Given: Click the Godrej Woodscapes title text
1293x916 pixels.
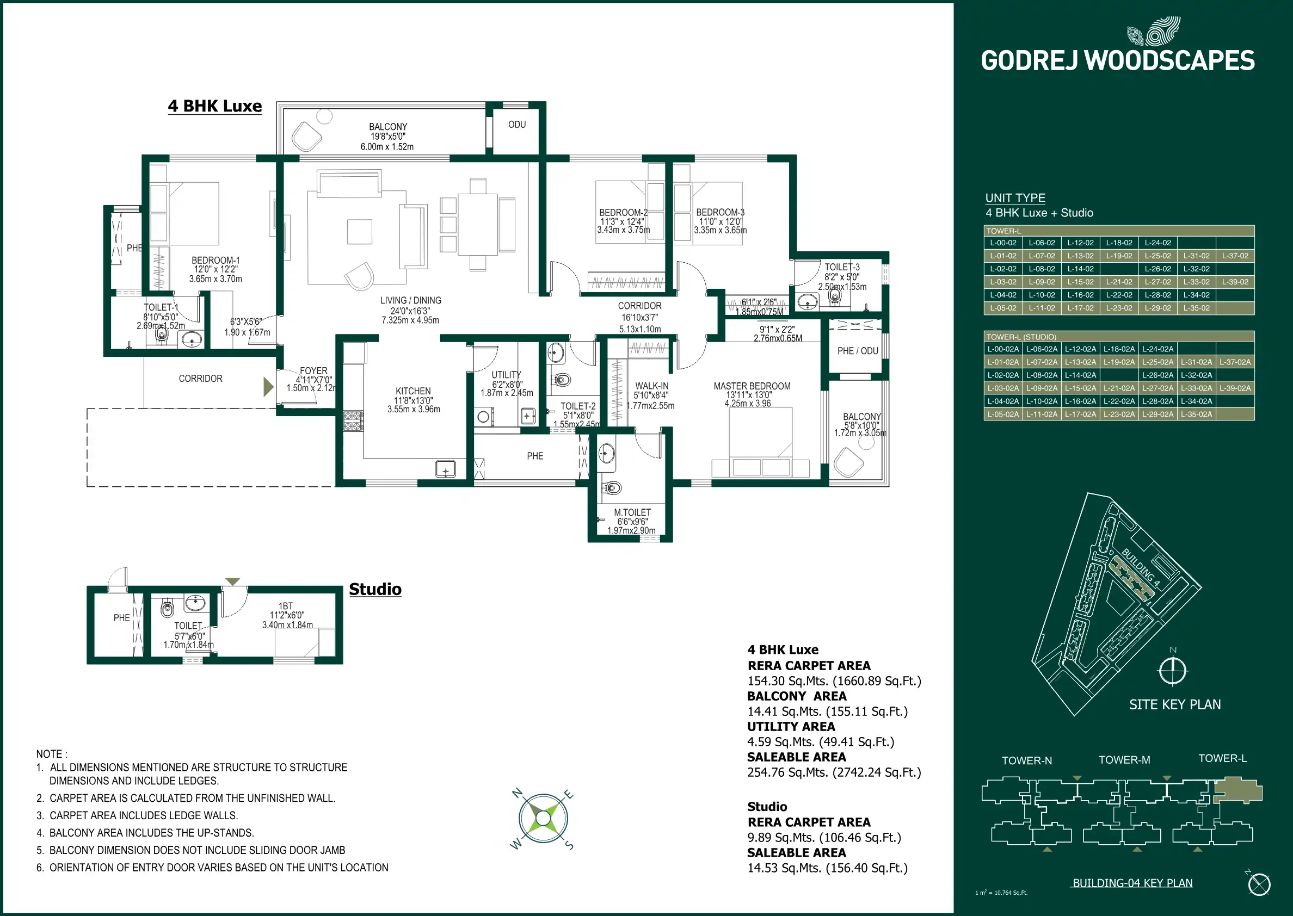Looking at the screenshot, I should pos(1118,61).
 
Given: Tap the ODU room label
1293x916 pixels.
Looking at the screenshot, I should pos(517,125).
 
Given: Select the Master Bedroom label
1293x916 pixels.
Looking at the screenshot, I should pos(752,386).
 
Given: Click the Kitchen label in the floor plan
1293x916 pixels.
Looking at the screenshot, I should pos(413,391).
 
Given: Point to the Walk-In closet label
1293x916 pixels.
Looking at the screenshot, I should pos(651,386).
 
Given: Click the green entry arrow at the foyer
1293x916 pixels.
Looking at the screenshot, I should pos(268,386).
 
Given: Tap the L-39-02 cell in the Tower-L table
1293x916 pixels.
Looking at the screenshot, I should pos(1235,282).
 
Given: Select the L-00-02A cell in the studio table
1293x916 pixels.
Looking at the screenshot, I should pos(1003,349).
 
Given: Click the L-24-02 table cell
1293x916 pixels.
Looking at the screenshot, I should pos(1157,243).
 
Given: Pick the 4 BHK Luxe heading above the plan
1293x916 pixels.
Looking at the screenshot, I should pos(214,106).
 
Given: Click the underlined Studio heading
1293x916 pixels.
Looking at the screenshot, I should pos(375,590).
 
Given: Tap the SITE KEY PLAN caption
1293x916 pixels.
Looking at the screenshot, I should pos(1174,704).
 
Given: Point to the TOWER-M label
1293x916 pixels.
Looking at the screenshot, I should pos(1124,760).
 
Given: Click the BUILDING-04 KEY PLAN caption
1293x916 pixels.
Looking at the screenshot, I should pos(1132,883).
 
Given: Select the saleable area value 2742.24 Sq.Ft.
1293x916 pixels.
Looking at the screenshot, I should pos(834,773).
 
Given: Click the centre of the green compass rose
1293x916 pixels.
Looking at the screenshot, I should pos(543,818).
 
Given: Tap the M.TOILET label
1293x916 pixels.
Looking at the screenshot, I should pos(632,513).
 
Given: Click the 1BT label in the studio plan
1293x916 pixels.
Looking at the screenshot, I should pos(286,606).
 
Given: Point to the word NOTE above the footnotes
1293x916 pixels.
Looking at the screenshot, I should pos(50,754).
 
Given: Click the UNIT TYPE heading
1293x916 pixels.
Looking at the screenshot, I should pos(1015,198).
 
